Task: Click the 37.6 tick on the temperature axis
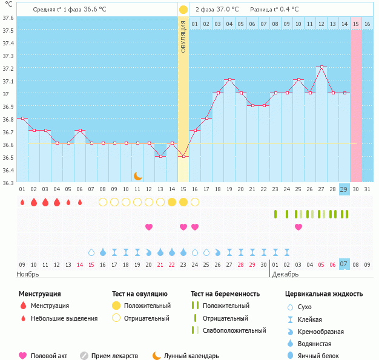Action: tap(8, 18)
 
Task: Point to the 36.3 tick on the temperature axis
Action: tap(8, 182)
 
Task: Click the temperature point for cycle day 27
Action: tap(321, 67)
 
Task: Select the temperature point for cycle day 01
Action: tap(22, 119)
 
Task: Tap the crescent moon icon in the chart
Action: tap(137, 175)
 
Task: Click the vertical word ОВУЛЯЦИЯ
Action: tap(183, 36)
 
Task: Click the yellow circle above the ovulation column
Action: tap(183, 10)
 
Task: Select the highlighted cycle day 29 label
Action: tap(344, 189)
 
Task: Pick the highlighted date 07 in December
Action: tap(344, 264)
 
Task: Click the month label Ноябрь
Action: tap(27, 274)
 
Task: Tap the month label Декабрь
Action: tap(285, 274)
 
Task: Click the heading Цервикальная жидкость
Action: tap(324, 294)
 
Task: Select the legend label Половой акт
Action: tap(48, 356)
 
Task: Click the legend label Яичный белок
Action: tap(318, 356)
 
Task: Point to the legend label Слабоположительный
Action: tap(234, 330)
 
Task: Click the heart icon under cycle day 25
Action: tap(298, 227)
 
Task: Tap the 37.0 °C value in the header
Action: tap(227, 10)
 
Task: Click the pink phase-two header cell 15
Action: tap(356, 24)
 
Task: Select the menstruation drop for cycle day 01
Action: tap(22, 202)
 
